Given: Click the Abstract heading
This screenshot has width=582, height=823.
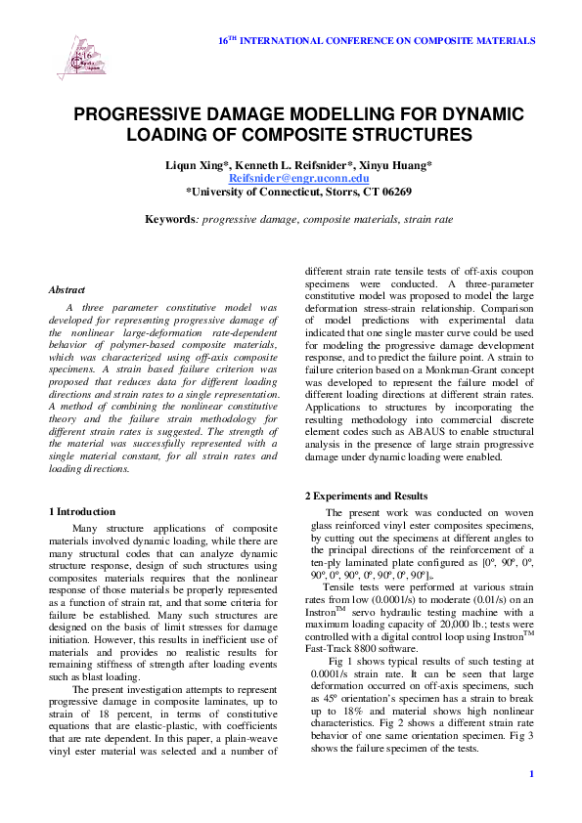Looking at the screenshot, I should [67, 289].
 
